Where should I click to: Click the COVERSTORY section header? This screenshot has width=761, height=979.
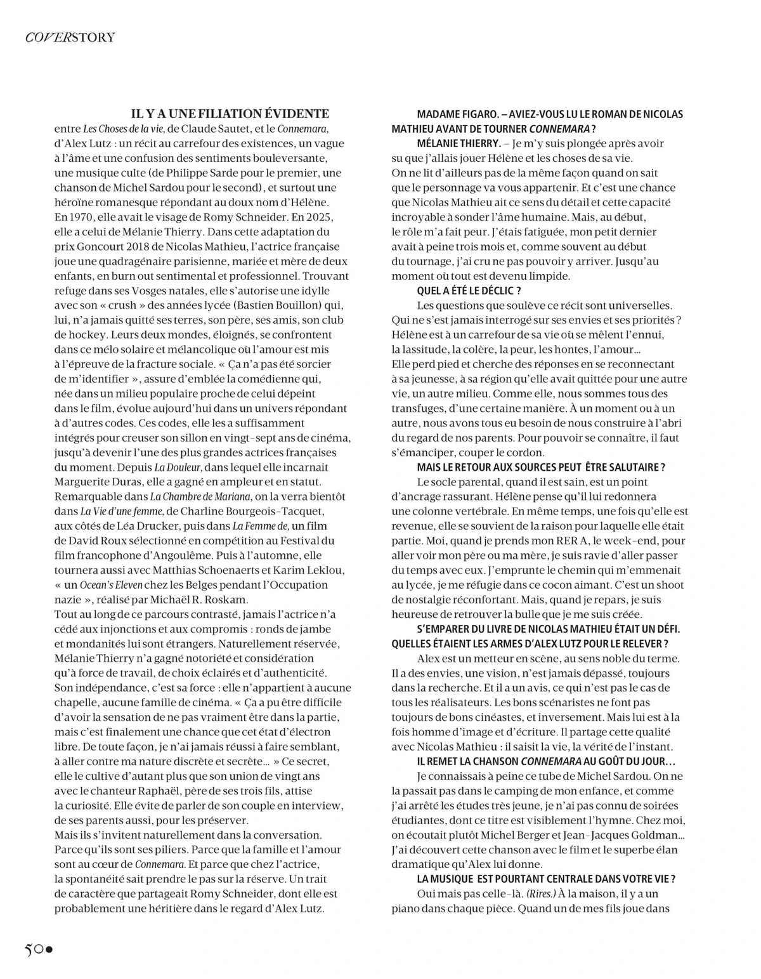tap(70, 37)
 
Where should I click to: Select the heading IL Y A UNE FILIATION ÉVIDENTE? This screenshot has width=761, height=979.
tap(230, 114)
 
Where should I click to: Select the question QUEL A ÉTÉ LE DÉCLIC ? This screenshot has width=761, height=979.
tap(469, 291)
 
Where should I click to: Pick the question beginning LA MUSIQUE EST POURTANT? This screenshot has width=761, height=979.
tap(545, 879)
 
